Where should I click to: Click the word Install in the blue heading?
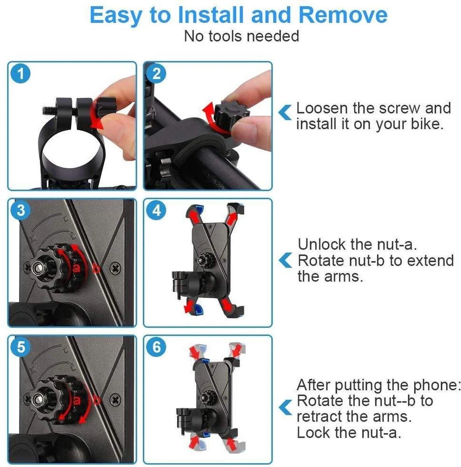pos(210,15)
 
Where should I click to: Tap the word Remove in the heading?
pos(343,15)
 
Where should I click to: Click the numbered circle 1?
pos(21,74)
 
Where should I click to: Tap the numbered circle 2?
pos(156,74)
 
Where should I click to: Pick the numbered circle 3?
pos(21,211)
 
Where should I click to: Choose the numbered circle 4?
pos(156,211)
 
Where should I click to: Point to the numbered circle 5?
pos(21,347)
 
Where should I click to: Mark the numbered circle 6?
pos(156,347)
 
